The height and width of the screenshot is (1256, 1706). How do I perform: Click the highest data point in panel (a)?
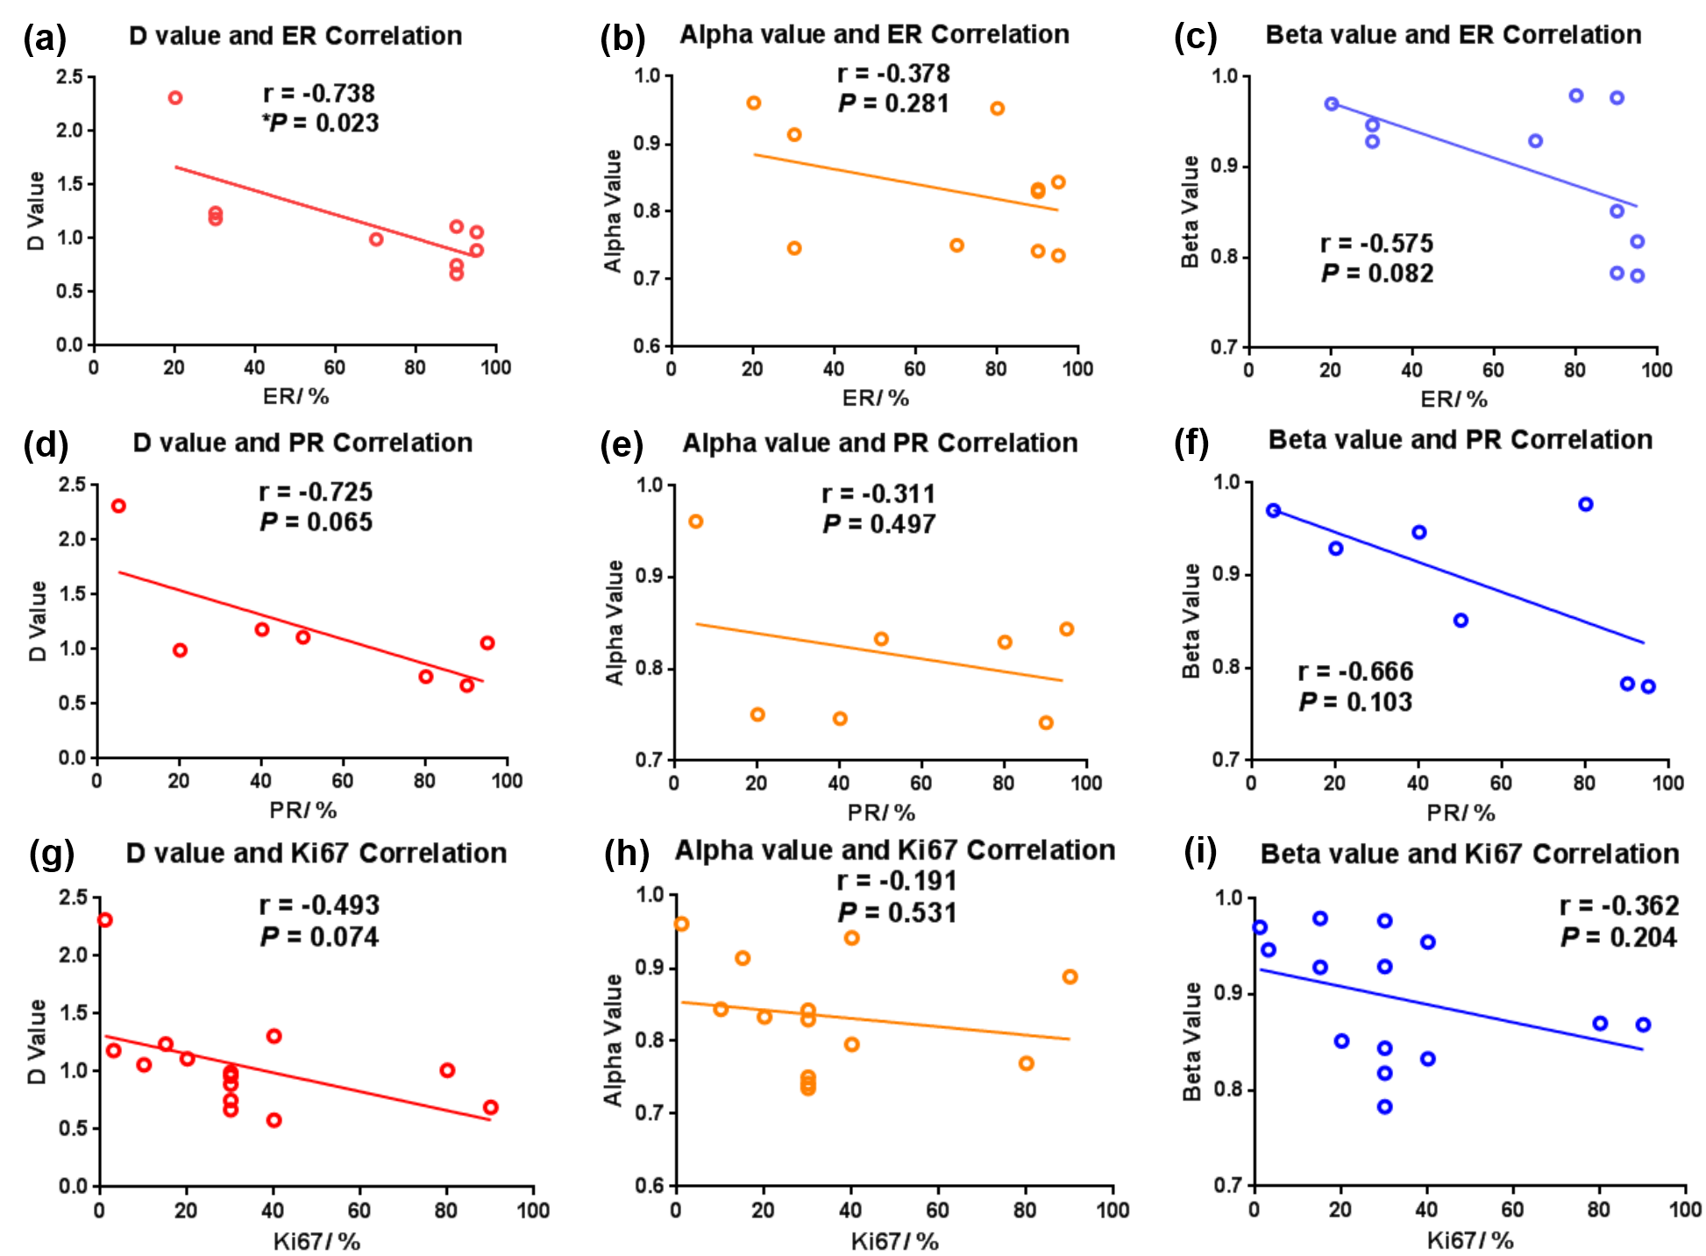pos(175,97)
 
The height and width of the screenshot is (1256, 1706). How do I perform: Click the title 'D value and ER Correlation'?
pos(295,36)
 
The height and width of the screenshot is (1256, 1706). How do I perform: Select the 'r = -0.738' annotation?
pos(319,93)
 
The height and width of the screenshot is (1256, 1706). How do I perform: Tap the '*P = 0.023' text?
pos(320,123)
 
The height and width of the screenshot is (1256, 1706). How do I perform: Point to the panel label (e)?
pos(622,446)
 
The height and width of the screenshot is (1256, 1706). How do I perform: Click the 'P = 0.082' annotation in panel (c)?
pos(1377,273)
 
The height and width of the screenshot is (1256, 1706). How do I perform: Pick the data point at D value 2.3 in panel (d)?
pos(118,506)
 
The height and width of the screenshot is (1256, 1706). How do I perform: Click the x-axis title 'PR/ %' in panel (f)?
pos(1461,812)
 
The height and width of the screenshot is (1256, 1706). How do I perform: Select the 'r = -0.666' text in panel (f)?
pos(1355,671)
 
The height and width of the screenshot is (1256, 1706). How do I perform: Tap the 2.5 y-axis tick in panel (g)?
pos(74,897)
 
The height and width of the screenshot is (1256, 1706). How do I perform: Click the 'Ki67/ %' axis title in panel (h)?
pos(894,1241)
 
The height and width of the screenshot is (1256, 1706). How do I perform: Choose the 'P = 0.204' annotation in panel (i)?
pos(1618,938)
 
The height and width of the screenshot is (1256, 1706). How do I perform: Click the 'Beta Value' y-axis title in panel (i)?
pos(1192,1041)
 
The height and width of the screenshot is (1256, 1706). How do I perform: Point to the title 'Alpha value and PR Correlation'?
pos(880,444)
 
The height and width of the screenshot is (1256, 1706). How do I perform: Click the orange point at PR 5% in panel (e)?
pos(695,522)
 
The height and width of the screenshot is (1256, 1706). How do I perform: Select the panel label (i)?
pos(1200,852)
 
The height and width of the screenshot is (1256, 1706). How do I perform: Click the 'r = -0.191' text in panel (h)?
pos(896,881)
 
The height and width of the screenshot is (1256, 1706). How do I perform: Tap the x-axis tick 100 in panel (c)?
pos(1656,370)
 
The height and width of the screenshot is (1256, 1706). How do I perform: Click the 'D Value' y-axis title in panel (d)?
pos(38,621)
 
